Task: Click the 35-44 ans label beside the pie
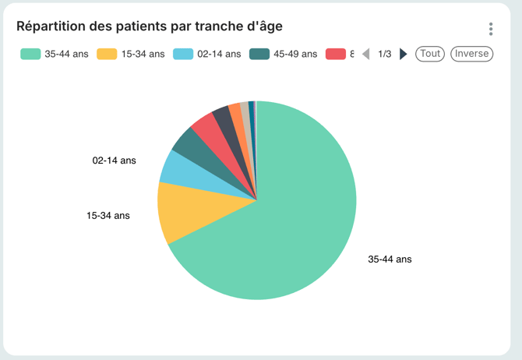(390, 259)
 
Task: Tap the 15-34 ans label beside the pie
(108, 215)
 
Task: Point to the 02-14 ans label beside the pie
(114, 161)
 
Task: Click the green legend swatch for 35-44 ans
(30, 54)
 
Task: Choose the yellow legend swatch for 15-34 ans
(107, 54)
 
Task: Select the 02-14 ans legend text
(219, 54)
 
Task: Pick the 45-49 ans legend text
(295, 54)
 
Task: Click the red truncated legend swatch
(336, 54)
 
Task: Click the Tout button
(430, 54)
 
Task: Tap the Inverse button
(471, 54)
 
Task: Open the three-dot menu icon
(491, 29)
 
